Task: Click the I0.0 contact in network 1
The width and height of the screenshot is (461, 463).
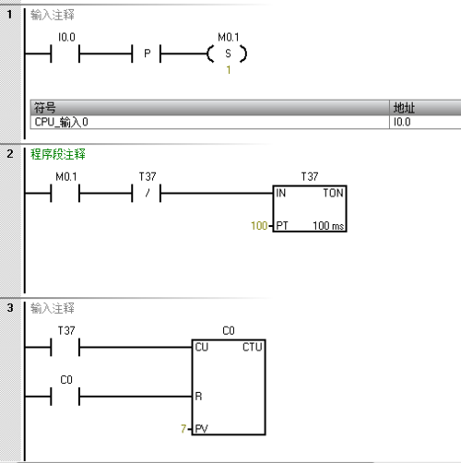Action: point(65,53)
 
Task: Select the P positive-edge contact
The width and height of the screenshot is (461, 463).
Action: point(147,53)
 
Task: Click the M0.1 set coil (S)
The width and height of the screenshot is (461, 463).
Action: point(228,53)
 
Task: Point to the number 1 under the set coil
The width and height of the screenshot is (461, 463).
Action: point(229,70)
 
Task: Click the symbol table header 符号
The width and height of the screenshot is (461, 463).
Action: point(45,108)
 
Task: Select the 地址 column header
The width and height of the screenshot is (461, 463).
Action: point(404,108)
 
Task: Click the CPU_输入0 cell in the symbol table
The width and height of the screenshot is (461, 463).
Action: point(61,122)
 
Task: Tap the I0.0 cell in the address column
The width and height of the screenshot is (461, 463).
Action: point(402,122)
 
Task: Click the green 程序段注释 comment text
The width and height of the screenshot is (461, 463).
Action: point(58,154)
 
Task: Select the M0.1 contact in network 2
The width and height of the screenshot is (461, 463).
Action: point(65,193)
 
